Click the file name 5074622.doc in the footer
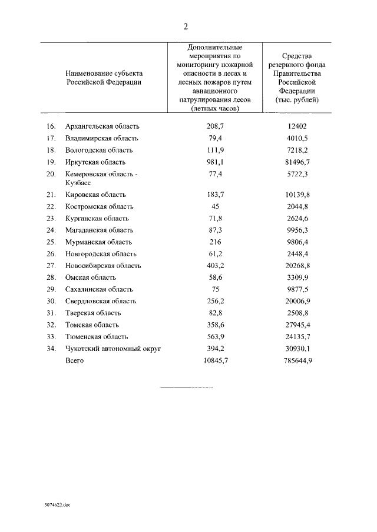pos(57,504)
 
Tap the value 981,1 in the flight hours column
pos(214,162)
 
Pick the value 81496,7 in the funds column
pos(297,162)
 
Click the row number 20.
pos(51,174)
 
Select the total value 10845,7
pos(214,360)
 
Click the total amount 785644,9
pos(297,360)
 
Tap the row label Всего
pos(75,360)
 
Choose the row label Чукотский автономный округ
pos(113,349)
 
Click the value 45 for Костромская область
pos(214,206)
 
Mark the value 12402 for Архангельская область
pos(297,126)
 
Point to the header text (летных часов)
pos(214,109)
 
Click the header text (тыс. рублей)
pos(297,100)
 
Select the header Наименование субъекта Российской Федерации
pos(104,78)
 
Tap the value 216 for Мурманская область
pos(214,242)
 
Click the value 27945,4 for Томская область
pos(297,324)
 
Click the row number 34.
pos(51,349)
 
